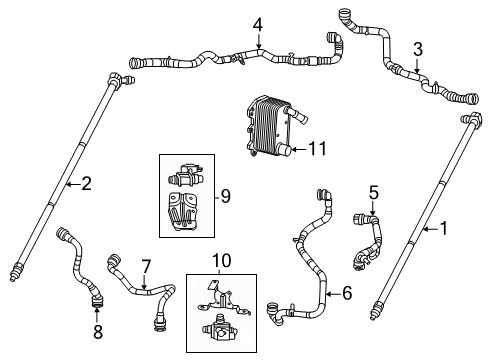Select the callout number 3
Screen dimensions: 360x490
coord(418,47)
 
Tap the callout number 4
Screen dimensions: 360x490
coord(257,24)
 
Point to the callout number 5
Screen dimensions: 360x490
coord(373,191)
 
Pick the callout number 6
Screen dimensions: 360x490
coord(347,293)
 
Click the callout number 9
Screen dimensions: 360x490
coord(224,196)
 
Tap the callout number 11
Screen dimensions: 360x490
coord(318,149)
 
